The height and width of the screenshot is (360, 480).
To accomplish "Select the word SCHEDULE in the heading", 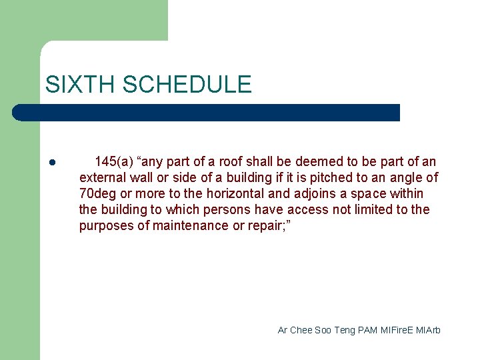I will pos(187,85).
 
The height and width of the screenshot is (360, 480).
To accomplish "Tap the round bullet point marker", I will pos(51,163).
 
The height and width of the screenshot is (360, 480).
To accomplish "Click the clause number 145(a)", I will pos(113,161).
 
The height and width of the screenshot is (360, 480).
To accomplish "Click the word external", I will pos(102,177).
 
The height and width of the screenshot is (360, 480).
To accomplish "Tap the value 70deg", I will pos(97,193).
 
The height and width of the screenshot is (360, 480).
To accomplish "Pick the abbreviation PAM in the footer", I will pos(367,330).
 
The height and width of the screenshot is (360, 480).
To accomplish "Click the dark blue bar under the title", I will pos(207,113).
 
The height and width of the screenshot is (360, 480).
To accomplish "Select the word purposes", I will pos(104,225).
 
